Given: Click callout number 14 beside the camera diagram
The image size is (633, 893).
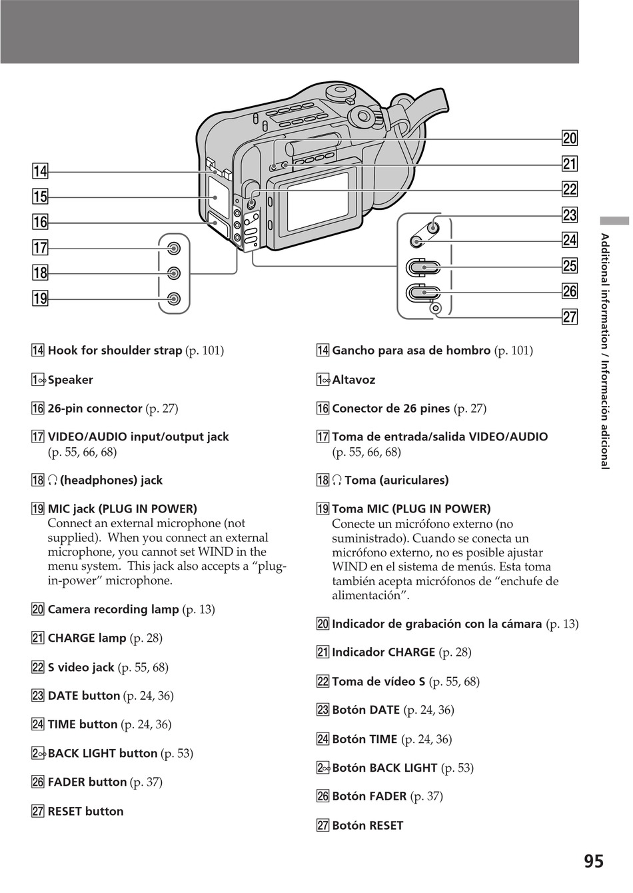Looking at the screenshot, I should [40, 171].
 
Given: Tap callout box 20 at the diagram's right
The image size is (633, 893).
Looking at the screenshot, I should [570, 139].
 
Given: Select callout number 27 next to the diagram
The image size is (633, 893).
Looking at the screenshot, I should [570, 317].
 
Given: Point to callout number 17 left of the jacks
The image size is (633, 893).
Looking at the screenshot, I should [40, 248].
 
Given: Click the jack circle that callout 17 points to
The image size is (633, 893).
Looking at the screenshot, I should [174, 249].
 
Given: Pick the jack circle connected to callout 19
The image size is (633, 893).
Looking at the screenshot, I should [174, 299].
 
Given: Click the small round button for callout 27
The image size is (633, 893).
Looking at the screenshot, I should [436, 308].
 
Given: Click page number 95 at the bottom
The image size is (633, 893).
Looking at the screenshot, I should [594, 862].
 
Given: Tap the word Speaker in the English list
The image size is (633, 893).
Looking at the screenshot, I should [70, 380].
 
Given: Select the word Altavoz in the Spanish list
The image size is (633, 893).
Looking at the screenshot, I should [354, 380].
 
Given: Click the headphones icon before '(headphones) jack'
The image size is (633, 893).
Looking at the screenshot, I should [53, 480].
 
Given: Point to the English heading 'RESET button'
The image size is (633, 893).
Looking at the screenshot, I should [85, 811].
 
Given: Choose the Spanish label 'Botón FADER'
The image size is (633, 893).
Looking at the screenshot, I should [369, 796].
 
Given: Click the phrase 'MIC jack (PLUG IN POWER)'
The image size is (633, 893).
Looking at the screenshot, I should [122, 509].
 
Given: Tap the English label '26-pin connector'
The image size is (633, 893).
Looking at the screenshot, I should [95, 409].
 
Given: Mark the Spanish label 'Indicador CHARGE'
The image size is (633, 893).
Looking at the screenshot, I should [383, 652].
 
